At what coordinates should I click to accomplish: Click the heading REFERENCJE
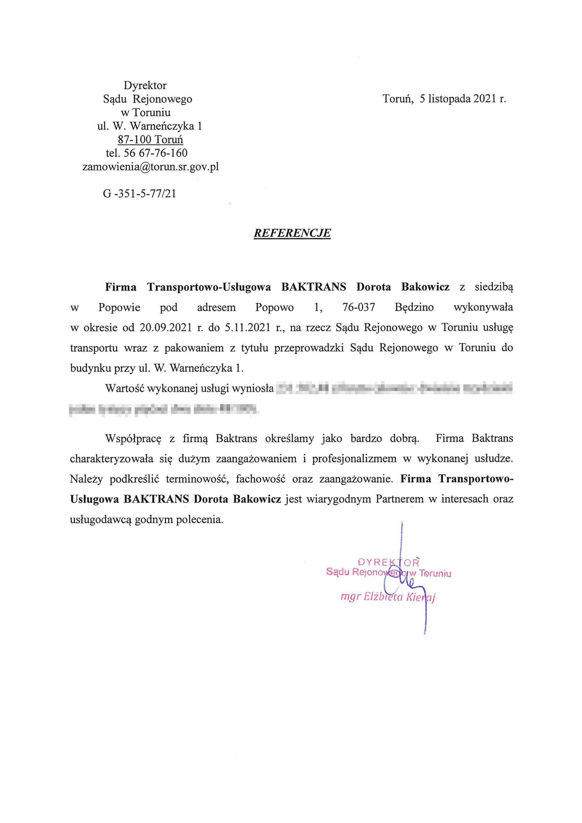point(292,233)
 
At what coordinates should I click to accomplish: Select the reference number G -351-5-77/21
point(140,194)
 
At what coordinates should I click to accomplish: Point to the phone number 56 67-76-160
point(155,153)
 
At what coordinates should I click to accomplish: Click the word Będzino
point(414,308)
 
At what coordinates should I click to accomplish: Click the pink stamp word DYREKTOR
point(388,562)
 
